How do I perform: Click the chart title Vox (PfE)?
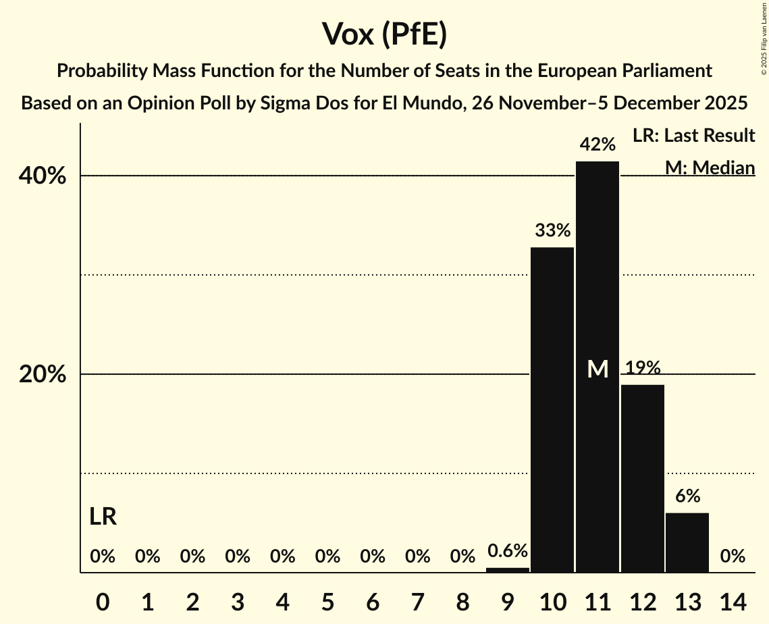pyautogui.click(x=384, y=34)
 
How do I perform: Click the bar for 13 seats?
pyautogui.click(x=687, y=543)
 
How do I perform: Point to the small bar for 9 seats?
pyautogui.click(x=508, y=570)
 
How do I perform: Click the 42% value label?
pyautogui.click(x=598, y=145)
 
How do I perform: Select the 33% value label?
pyautogui.click(x=552, y=231)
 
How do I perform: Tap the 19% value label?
pyautogui.click(x=643, y=368)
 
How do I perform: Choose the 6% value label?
pyautogui.click(x=687, y=496)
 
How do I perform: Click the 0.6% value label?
pyautogui.click(x=508, y=551)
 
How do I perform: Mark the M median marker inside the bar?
pyautogui.click(x=598, y=369)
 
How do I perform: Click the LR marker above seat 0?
pyautogui.click(x=103, y=517)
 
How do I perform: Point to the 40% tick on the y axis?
pyautogui.click(x=42, y=176)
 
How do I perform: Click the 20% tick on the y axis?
pyautogui.click(x=42, y=375)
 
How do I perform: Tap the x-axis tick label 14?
pyautogui.click(x=733, y=600)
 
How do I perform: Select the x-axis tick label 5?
pyautogui.click(x=327, y=600)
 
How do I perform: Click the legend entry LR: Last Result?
pyautogui.click(x=693, y=136)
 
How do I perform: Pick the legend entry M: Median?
pyautogui.click(x=710, y=167)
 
